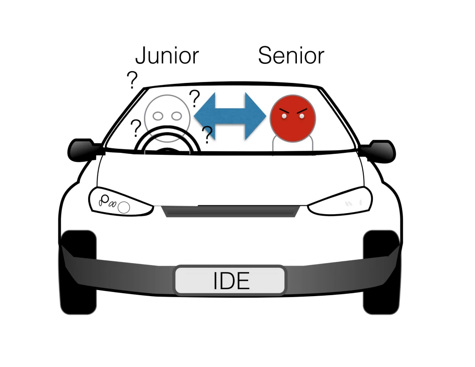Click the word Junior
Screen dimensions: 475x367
coord(167,56)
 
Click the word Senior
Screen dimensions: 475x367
coord(291,55)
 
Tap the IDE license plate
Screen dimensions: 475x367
coord(230,280)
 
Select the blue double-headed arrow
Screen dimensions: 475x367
coord(230,116)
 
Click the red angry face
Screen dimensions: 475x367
coord(293,118)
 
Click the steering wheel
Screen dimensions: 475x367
coord(167,133)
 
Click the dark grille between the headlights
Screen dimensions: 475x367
coord(231,211)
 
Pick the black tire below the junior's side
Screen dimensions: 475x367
coord(78,272)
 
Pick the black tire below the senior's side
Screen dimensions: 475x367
coord(381,272)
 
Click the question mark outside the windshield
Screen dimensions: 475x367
coord(132,80)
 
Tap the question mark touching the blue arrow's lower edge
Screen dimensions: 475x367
coord(207,135)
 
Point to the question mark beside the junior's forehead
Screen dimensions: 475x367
coord(195,98)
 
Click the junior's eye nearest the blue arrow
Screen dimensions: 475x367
coord(176,116)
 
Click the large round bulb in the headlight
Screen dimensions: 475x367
coord(123,208)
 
